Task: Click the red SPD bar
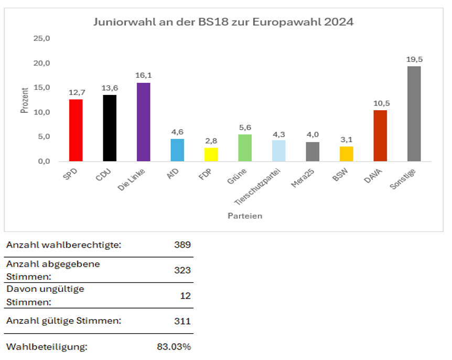pos(76,130)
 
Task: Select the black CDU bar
pos(110,128)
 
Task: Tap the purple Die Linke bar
pos(143,122)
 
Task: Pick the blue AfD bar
pos(177,150)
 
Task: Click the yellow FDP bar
pos(211,154)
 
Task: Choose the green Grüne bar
pos(245,147)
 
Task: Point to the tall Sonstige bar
pos(414,114)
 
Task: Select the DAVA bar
pos(380,135)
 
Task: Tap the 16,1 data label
pos(144,76)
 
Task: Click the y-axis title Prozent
pos(25,100)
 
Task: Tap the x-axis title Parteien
pos(245,216)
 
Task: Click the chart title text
pos(223,23)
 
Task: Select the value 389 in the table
pos(182,245)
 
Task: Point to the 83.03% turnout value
pos(174,347)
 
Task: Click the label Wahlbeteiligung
pos(47,347)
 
